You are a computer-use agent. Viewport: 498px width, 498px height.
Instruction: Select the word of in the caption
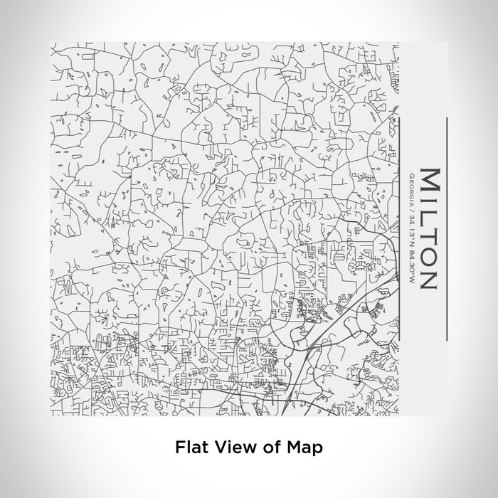coord(264,447)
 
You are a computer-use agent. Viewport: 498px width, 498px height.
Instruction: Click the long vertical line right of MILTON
coord(446,228)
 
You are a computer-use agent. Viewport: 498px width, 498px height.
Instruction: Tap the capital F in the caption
coord(179,447)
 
